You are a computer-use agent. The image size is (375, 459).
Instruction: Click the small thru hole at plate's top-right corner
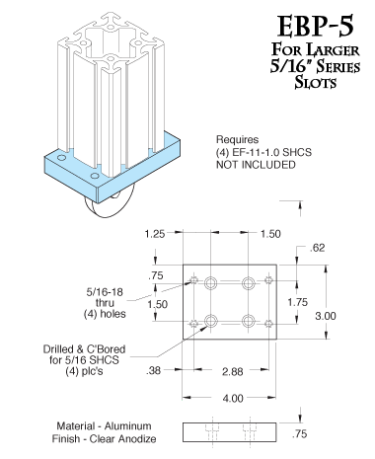pos(269,279)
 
